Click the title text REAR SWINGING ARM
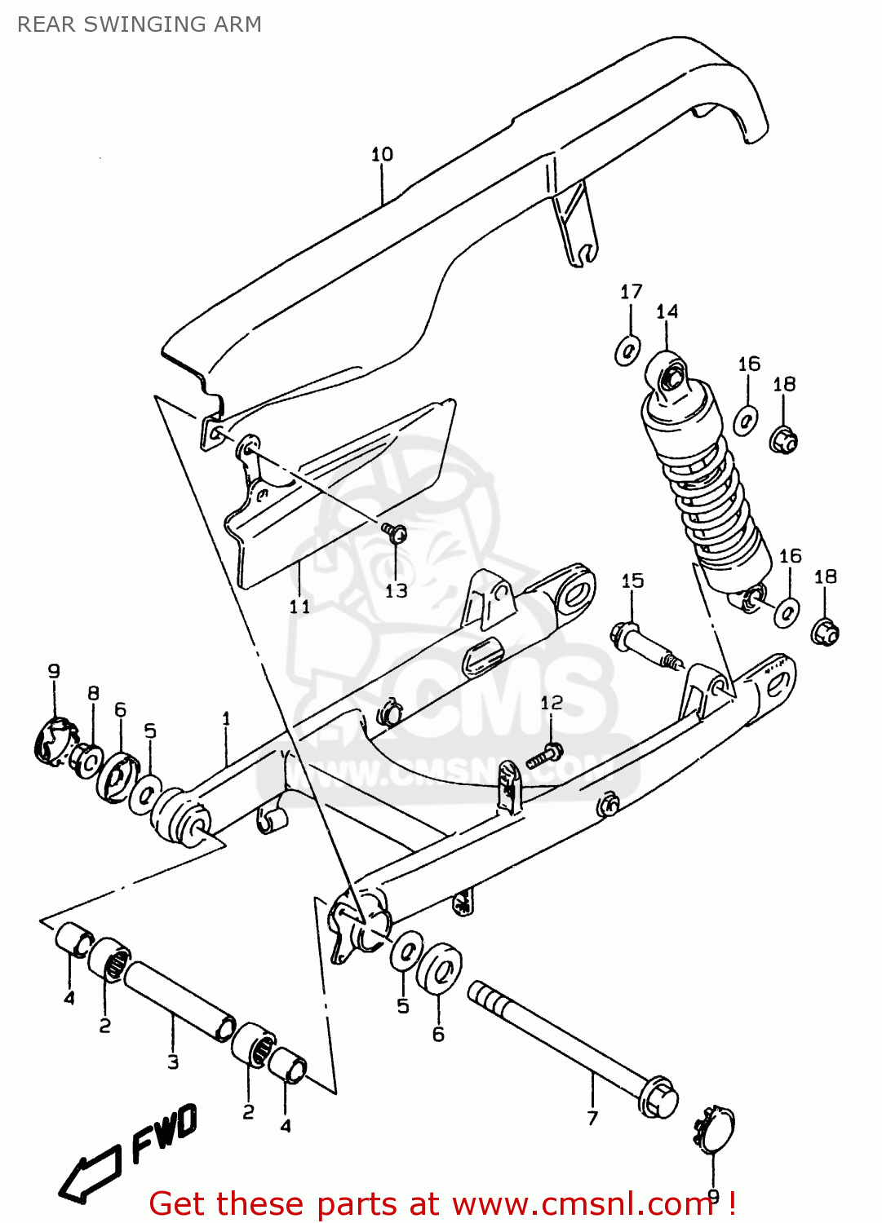coord(140,24)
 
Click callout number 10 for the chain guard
coord(382,154)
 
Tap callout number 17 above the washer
coord(631,292)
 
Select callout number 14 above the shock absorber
coord(667,311)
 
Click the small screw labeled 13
coord(397,533)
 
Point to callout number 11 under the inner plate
coord(299,606)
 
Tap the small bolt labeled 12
coord(543,756)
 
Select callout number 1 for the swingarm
coord(226,718)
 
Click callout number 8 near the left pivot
coord(93,693)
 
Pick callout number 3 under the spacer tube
coord(173,1062)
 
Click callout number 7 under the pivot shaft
coord(592,1119)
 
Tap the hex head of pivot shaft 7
coord(658,1097)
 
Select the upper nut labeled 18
coord(783,441)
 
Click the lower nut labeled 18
coord(825,632)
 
